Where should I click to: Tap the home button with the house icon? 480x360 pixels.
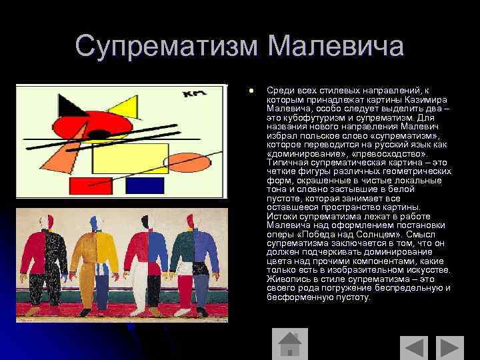[x=289, y=346]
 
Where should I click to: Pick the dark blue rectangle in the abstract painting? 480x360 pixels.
[x=145, y=185]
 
